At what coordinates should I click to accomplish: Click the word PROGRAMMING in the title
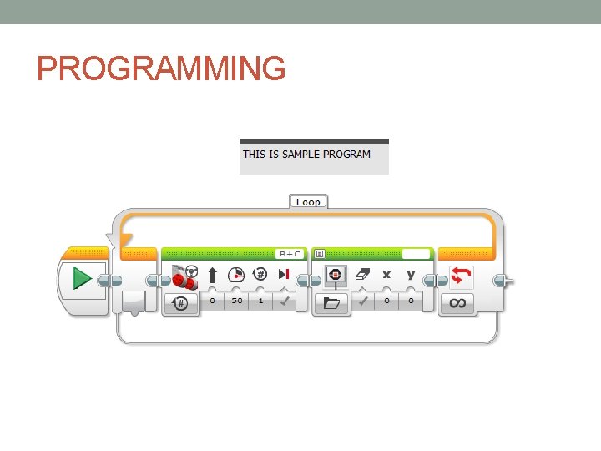pyautogui.click(x=161, y=68)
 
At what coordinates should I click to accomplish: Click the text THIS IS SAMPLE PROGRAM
pyautogui.click(x=306, y=155)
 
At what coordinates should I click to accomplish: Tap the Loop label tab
pyautogui.click(x=308, y=201)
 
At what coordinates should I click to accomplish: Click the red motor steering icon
pyautogui.click(x=184, y=276)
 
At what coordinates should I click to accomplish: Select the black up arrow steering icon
pyautogui.click(x=212, y=275)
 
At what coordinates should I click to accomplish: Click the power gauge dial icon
pyautogui.click(x=236, y=275)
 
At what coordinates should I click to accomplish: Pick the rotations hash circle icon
pyautogui.click(x=260, y=275)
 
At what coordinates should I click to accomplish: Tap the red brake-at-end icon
pyautogui.click(x=284, y=275)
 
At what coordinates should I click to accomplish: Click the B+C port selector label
pyautogui.click(x=290, y=253)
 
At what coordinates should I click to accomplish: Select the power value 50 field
pyautogui.click(x=236, y=301)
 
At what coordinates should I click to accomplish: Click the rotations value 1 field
pyautogui.click(x=260, y=301)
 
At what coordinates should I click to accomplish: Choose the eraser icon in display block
pyautogui.click(x=362, y=275)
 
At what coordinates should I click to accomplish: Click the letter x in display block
pyautogui.click(x=386, y=275)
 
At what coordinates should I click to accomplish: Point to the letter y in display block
pyautogui.click(x=411, y=275)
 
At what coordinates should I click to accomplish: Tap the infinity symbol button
pyautogui.click(x=457, y=303)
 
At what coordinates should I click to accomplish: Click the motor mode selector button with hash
pyautogui.click(x=181, y=304)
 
